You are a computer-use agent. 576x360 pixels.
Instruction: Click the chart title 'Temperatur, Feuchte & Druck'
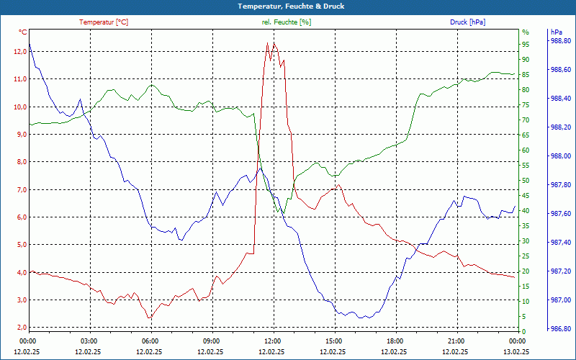(287, 6)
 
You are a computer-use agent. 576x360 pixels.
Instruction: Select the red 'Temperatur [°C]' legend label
(104, 22)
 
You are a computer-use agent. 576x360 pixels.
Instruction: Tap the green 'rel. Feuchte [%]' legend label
(287, 22)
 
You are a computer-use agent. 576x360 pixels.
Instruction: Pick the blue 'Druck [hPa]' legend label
(467, 22)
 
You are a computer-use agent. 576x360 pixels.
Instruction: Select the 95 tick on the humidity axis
(526, 45)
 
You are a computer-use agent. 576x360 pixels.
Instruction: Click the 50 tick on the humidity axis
(526, 181)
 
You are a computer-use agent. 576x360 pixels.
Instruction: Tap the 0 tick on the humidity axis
(523, 332)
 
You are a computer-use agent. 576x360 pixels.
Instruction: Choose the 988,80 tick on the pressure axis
(561, 41)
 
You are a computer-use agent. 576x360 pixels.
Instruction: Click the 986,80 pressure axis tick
(561, 329)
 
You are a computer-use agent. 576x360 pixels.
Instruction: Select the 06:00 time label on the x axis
(150, 341)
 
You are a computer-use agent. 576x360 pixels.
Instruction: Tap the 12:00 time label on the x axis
(272, 341)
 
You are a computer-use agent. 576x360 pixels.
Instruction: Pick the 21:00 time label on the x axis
(455, 341)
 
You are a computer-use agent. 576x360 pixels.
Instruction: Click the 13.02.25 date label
(516, 351)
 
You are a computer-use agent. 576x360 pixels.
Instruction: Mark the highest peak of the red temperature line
(267, 42)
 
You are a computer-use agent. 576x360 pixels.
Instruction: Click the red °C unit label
(23, 32)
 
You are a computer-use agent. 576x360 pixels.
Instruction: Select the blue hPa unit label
(556, 32)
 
